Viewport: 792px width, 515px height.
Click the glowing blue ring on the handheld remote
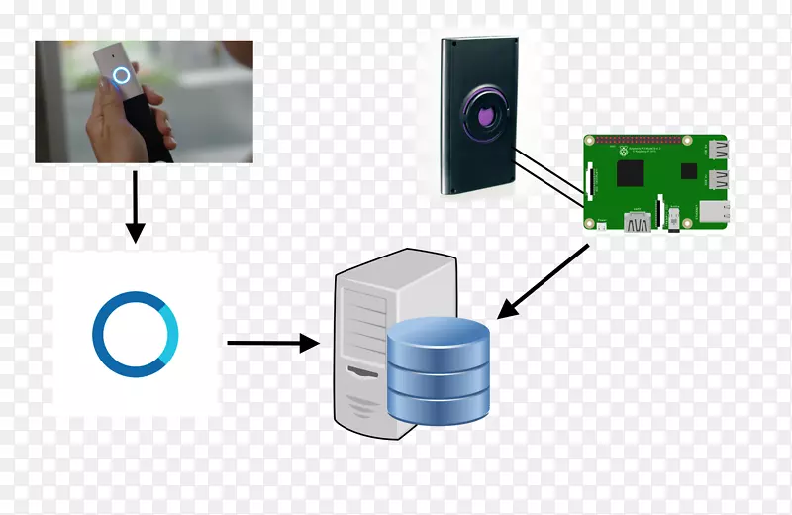tap(123, 76)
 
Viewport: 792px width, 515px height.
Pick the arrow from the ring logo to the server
tap(272, 344)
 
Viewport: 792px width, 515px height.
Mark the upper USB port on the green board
tap(715, 151)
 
